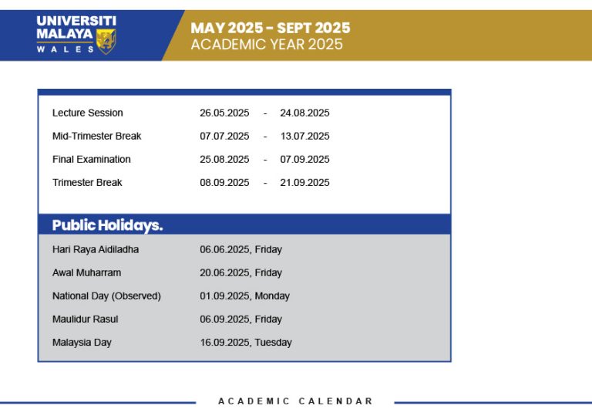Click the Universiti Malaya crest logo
click(106, 41)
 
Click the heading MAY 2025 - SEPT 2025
click(271, 28)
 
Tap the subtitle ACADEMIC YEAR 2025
click(267, 45)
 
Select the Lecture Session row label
click(87, 113)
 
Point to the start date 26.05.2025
click(224, 113)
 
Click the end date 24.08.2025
click(304, 113)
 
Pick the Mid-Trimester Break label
click(96, 136)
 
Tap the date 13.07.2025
click(304, 136)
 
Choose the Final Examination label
click(91, 159)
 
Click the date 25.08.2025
click(224, 159)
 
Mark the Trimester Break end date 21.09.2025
click(304, 182)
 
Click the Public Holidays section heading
click(107, 225)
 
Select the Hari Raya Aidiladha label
click(96, 249)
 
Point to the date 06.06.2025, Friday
click(240, 249)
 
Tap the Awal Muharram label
click(86, 272)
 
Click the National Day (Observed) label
click(106, 296)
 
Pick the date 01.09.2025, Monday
click(244, 296)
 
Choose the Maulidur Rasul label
click(85, 319)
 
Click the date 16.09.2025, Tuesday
click(246, 342)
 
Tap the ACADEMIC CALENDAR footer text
click(295, 401)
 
